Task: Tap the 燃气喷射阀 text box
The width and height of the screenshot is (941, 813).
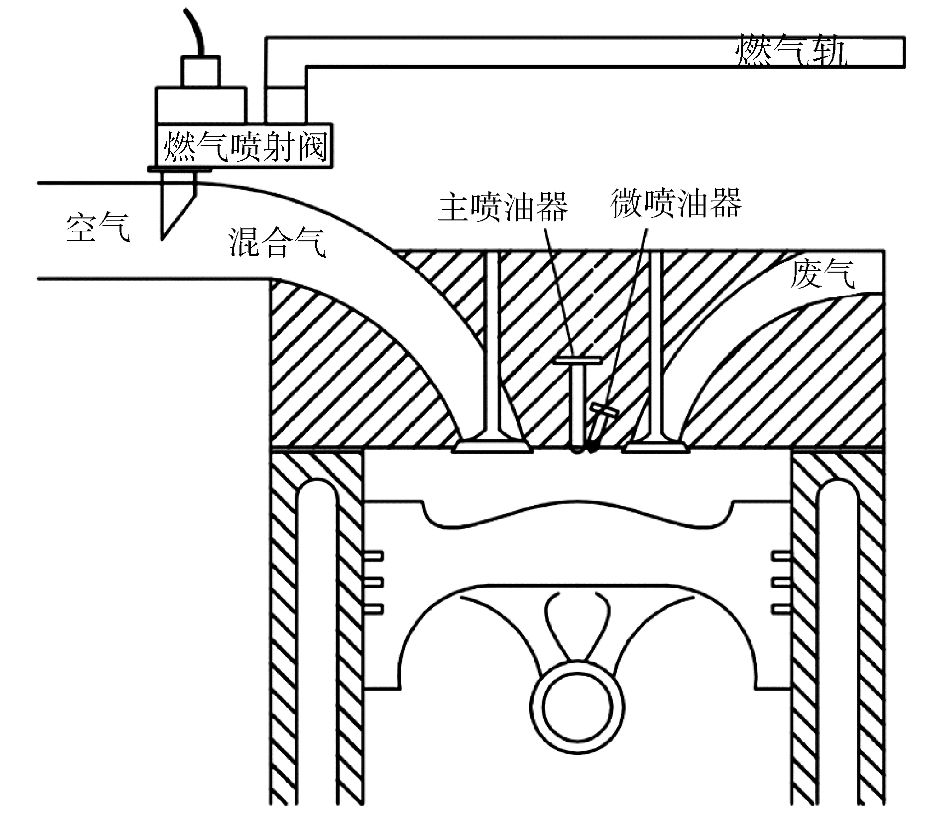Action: coord(245,146)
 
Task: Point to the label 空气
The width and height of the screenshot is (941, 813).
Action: coord(98,227)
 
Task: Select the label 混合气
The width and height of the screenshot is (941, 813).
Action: coord(277,242)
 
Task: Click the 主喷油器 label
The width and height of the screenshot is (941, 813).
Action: coord(503,206)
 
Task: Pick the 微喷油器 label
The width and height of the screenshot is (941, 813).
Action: coord(676,203)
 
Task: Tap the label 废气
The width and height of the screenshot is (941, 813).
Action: coord(822,273)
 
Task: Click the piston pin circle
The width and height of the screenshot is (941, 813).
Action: coord(578,706)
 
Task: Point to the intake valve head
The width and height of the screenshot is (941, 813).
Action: coord(492,446)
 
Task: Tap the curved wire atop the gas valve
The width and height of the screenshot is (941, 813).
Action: coord(195,30)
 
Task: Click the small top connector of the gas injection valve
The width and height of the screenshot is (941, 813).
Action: coord(200,72)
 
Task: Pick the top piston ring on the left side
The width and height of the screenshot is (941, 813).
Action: coord(374,555)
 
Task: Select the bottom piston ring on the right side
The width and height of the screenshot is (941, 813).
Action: coord(781,609)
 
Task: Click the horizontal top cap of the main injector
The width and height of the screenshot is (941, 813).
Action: coord(579,359)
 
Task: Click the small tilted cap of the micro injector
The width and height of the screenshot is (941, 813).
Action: coord(603,410)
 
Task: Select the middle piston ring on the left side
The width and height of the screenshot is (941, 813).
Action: coord(374,582)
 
